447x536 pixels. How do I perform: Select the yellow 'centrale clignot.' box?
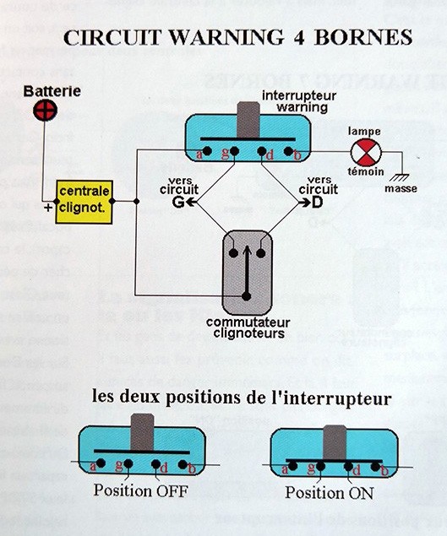(x=83, y=202)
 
